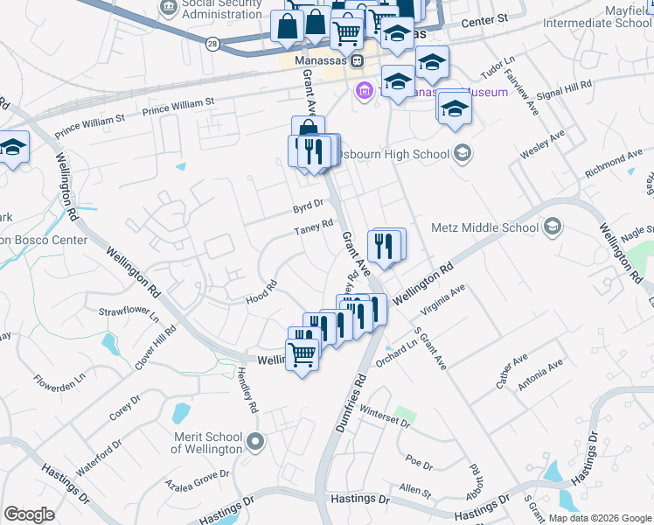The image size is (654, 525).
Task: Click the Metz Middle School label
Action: point(485,228)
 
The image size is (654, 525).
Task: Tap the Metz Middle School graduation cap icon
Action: point(552,228)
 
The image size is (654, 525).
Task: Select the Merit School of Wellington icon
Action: point(254,441)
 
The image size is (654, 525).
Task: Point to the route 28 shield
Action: point(212,42)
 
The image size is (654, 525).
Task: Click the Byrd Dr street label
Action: point(308,206)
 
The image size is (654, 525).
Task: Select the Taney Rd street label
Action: point(314,227)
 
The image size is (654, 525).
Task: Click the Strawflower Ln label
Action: point(129,312)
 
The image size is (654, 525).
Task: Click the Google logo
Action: point(29,514)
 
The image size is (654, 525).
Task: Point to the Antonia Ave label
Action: point(542,373)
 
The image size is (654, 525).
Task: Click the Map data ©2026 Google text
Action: point(599,518)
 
